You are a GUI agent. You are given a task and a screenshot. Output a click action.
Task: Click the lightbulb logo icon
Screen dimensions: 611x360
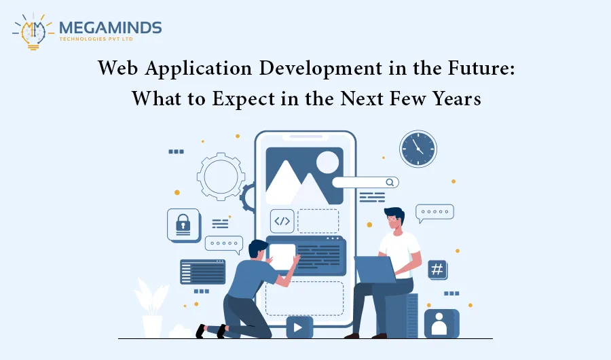pos(33,31)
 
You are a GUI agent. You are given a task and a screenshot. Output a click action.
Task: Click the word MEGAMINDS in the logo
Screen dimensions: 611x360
pos(110,28)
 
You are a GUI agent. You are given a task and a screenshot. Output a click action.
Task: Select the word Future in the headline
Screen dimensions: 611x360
pos(481,68)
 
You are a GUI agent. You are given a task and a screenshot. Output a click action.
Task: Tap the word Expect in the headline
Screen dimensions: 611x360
pos(243,98)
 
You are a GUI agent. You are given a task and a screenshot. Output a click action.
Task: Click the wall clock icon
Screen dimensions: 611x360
pos(418,149)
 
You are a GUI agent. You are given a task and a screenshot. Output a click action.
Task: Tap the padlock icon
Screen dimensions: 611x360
pos(183,225)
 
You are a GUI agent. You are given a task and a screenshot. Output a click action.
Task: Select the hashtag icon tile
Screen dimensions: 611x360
pos(438,270)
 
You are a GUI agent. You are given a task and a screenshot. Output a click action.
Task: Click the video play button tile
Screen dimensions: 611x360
pos(299,327)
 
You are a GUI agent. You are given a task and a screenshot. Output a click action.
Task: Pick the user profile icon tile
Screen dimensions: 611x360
pos(441,323)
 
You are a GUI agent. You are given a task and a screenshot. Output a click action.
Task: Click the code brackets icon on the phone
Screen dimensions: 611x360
pos(282,221)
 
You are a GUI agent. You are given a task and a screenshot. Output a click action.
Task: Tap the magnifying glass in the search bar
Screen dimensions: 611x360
pos(390,182)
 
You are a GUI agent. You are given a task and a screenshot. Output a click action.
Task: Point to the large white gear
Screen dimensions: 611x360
pos(221,177)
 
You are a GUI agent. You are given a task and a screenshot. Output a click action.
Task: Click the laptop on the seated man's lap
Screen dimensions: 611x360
pos(375,270)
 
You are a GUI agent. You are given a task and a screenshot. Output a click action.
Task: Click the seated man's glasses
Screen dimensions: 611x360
pos(392,219)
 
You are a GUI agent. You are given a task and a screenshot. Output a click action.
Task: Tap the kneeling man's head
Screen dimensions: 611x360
pos(259,249)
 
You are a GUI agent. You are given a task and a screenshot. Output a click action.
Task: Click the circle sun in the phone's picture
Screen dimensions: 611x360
pos(328,162)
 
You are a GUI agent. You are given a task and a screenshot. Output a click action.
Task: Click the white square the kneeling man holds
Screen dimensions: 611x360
pos(282,256)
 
